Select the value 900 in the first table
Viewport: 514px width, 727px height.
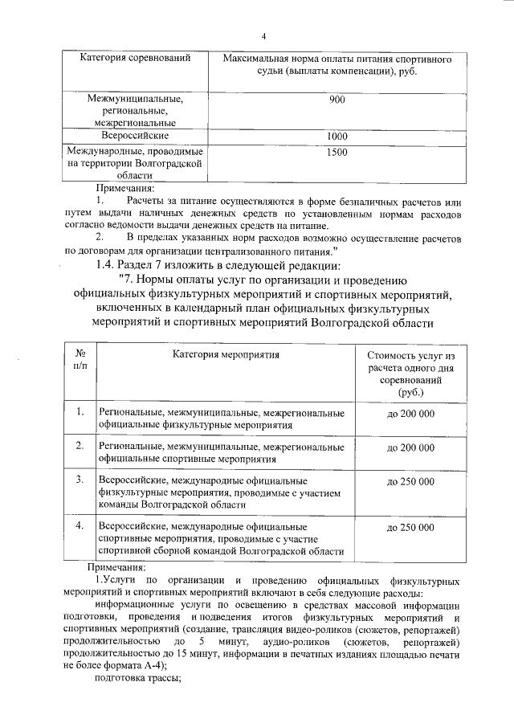(x=337, y=100)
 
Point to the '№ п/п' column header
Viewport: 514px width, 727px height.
(x=80, y=360)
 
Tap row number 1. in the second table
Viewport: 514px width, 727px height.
(x=80, y=412)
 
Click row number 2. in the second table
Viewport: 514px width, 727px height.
(x=80, y=446)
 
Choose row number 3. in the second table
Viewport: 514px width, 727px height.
(x=80, y=480)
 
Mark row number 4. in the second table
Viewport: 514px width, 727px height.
(x=80, y=526)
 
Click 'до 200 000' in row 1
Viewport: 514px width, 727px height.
(x=410, y=413)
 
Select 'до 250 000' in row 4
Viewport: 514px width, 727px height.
(x=410, y=527)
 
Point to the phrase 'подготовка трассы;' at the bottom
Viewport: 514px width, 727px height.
(x=139, y=679)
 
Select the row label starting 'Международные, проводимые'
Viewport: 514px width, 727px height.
(x=134, y=163)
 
